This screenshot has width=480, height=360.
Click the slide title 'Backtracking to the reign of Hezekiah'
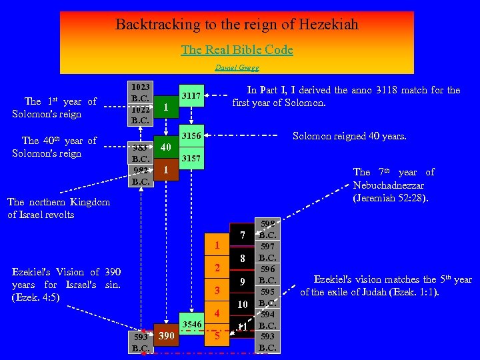(237, 25)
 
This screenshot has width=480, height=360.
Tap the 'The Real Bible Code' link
(237, 50)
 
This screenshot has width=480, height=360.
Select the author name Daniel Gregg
(237, 67)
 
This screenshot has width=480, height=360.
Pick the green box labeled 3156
(192, 135)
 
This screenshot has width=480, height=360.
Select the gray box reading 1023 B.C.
(141, 92)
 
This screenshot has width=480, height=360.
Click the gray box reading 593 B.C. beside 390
(140, 342)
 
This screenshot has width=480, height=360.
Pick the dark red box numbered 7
(243, 235)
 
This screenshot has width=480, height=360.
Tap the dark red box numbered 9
(243, 281)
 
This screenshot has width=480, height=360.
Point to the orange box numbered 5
(217, 335)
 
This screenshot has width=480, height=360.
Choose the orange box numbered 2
(217, 268)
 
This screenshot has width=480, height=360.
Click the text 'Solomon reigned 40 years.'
(349, 136)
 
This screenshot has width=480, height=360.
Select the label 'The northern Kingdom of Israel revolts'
(59, 208)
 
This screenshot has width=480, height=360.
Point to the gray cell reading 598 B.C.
(267, 229)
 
